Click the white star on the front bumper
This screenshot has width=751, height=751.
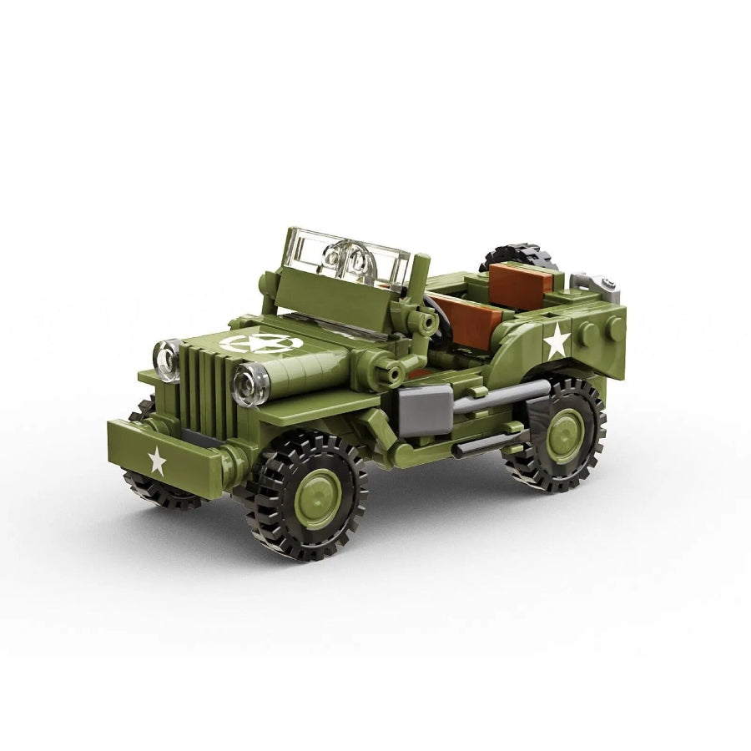click(156, 461)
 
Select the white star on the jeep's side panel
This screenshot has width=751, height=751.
click(557, 340)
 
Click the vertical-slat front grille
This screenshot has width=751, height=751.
click(206, 390)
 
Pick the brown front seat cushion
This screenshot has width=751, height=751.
click(467, 321)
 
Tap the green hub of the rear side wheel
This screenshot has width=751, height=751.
click(565, 435)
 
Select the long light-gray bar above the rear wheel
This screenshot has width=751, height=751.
click(501, 396)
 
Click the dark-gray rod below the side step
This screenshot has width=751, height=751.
click(484, 445)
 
